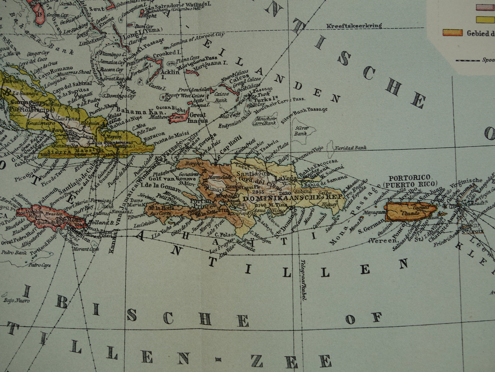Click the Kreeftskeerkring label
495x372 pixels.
tap(354, 26)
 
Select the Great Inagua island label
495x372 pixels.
tap(198, 118)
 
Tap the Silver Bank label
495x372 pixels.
tap(301, 131)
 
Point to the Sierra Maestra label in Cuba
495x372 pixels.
tap(76, 150)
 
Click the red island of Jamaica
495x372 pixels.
tap(51, 216)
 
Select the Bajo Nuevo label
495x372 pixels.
tap(17, 301)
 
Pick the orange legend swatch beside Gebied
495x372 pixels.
tap(453, 33)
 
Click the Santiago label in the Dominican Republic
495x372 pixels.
tap(250, 174)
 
